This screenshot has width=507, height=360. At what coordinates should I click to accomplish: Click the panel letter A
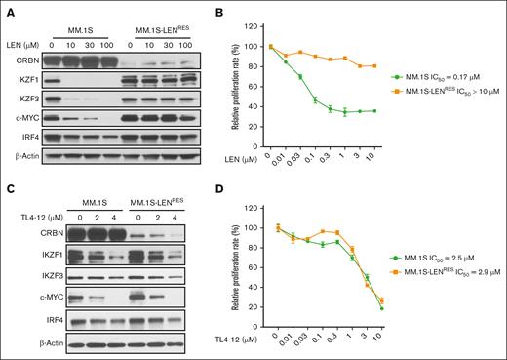tap(6, 8)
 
